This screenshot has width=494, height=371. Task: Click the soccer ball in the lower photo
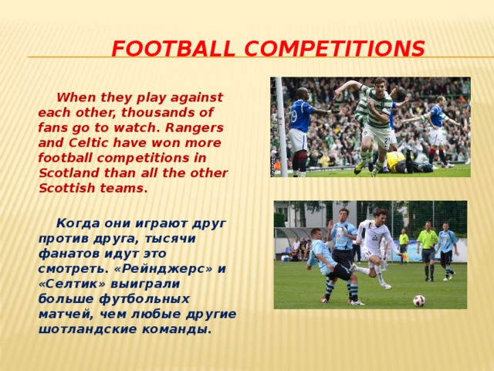click(x=419, y=300)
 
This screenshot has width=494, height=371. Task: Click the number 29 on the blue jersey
click(x=294, y=116)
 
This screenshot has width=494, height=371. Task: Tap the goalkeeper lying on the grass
click(x=405, y=163)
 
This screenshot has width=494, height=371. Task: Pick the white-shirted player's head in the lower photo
click(x=380, y=214)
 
